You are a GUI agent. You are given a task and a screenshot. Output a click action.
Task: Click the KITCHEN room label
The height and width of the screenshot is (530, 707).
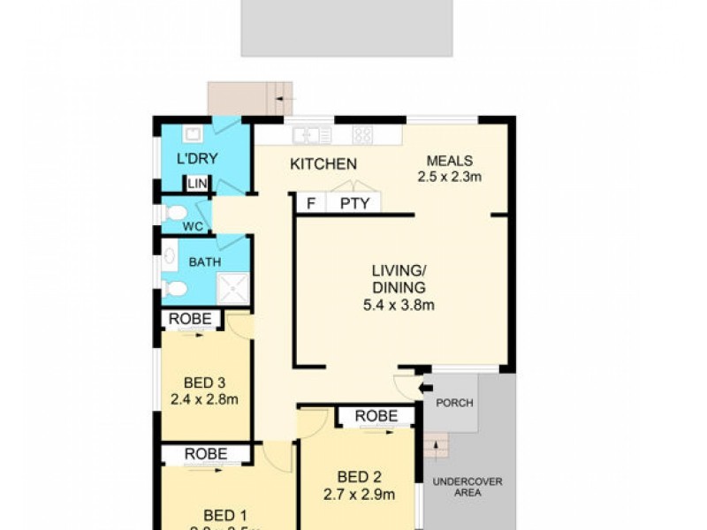tap(323, 163)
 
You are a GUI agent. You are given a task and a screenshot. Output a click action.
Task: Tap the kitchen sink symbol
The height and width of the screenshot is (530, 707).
tap(311, 135)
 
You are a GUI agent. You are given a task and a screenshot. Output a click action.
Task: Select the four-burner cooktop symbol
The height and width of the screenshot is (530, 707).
tap(363, 135)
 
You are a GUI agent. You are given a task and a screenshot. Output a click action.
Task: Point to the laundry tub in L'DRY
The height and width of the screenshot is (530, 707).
tap(191, 133)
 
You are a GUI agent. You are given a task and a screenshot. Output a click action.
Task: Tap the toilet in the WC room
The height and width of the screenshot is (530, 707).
tap(176, 213)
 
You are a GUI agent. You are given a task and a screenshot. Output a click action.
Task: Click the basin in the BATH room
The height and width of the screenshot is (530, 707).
tap(170, 257)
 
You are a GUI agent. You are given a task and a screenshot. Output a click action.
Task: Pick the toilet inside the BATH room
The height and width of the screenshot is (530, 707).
tap(173, 288)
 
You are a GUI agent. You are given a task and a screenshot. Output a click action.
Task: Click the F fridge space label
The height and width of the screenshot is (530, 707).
tap(310, 203)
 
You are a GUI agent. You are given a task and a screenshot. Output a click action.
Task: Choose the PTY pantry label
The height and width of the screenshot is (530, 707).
tap(354, 203)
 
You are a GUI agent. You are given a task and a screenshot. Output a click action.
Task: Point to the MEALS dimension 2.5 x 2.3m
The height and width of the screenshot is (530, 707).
tap(450, 176)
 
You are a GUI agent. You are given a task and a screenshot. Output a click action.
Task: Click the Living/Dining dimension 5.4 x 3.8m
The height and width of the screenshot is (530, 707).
tap(399, 306)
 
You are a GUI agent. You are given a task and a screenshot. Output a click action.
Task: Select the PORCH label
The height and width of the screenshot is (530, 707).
tap(455, 403)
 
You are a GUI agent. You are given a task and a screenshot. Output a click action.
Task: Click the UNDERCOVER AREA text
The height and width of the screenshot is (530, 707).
tap(468, 487)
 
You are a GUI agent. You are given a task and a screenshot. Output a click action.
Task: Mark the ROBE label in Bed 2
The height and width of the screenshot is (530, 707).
tap(375, 416)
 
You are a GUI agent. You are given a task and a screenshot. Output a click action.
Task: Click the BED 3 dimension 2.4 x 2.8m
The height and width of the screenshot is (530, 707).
tap(205, 398)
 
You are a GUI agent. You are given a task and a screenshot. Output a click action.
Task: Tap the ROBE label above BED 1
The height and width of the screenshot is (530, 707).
tap(205, 454)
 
